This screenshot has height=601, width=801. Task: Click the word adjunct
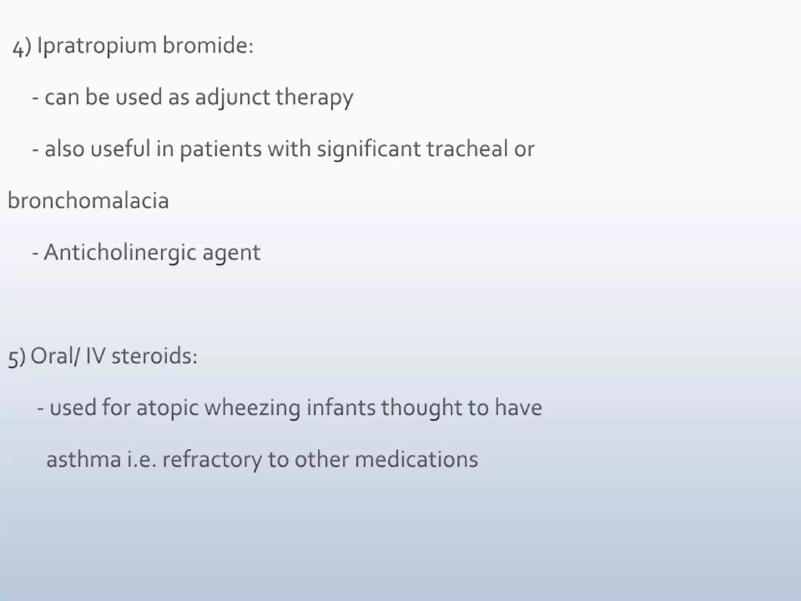pos(232,97)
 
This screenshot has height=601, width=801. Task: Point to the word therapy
pos(314,98)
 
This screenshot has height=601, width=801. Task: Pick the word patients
pos(220,149)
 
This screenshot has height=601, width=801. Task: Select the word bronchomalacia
pos(88,200)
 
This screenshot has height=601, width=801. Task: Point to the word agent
pos(231,254)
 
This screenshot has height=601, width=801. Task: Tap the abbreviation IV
pos(95,356)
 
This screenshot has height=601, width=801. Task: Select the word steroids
pos(154,356)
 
